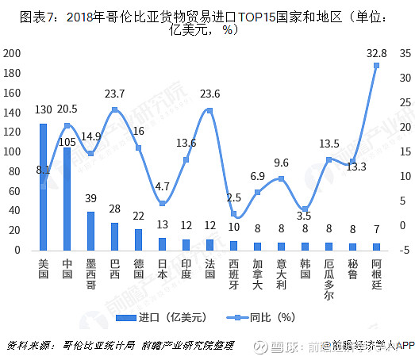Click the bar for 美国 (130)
44,187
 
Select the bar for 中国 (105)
67,199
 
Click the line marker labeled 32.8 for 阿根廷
375,65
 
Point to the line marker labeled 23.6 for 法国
209,110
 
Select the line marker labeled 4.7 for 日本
162,204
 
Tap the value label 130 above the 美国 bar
44,109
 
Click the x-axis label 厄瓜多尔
328,279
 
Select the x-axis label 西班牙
233,274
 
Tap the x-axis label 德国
138,268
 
